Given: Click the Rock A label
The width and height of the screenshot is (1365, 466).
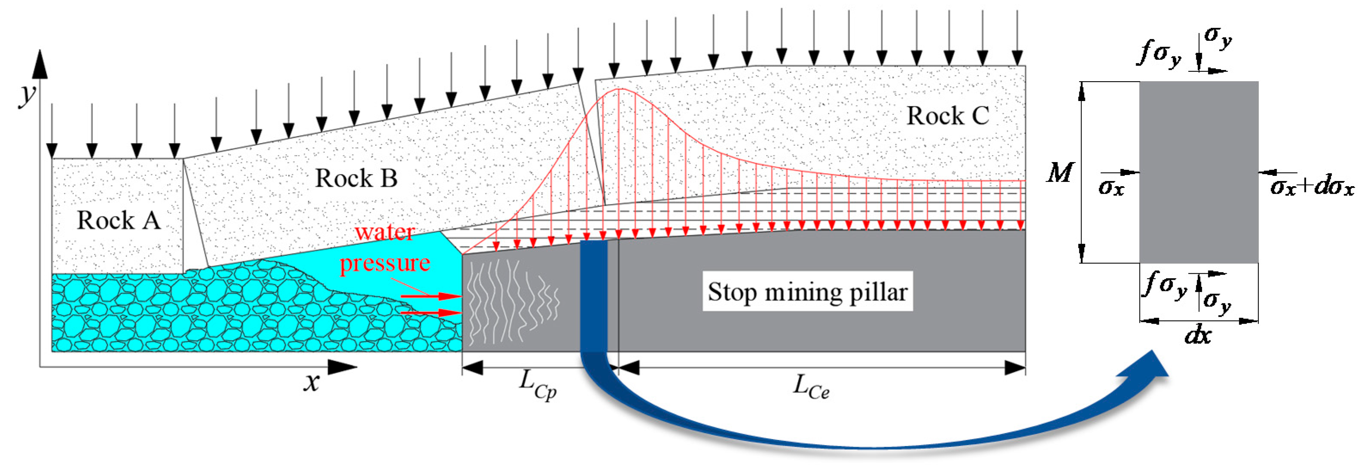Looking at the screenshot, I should click(x=119, y=220).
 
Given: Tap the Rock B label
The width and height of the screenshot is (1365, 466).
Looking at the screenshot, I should click(x=356, y=178).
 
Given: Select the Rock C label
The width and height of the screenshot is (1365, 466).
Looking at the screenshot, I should click(x=947, y=116).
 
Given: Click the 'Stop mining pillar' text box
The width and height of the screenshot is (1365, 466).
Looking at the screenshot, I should click(x=807, y=291).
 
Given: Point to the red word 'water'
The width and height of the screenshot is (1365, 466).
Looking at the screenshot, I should click(x=384, y=232).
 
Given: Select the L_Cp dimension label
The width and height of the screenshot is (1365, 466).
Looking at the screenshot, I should click(x=537, y=384).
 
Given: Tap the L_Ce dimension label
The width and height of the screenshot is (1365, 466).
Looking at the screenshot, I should click(x=810, y=386).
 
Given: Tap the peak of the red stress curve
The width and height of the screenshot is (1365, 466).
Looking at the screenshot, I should click(x=619, y=89).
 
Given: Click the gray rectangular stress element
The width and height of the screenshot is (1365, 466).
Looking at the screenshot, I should click(x=1199, y=172).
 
